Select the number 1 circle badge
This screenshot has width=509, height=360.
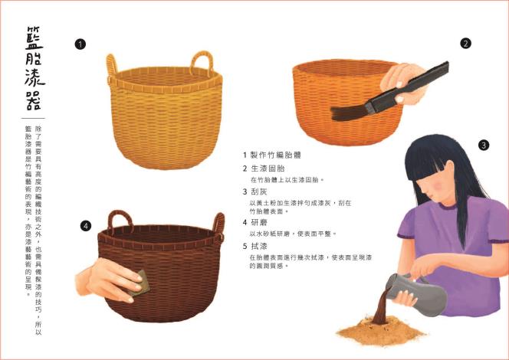point(80,44)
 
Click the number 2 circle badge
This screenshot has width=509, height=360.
point(465,44)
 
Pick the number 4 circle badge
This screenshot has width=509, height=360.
point(86,225)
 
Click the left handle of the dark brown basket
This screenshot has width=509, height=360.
point(119,221)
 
